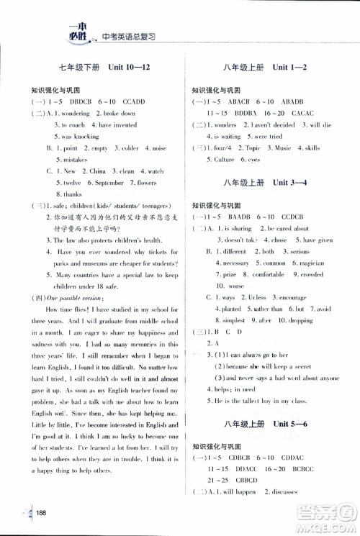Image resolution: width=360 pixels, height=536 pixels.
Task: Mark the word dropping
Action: [x=312, y=320]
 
